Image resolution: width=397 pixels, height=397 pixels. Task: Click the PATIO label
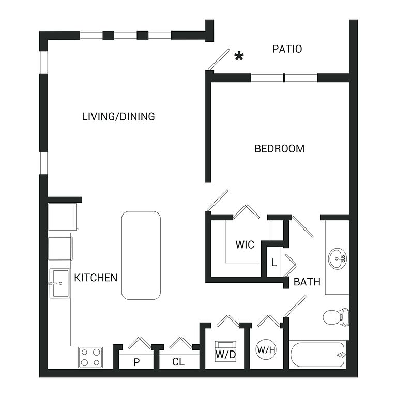click(x=287, y=49)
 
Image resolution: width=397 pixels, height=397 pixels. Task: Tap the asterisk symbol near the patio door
click(x=239, y=56)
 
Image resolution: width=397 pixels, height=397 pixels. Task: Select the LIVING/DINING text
click(x=118, y=116)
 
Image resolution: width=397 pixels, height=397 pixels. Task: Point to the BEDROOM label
click(x=280, y=149)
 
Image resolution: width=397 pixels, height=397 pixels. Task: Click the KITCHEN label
click(x=96, y=278)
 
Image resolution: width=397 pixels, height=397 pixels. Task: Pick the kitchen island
click(x=141, y=255)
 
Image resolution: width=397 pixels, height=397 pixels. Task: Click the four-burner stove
click(x=90, y=357)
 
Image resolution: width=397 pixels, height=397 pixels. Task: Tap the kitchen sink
click(x=60, y=283)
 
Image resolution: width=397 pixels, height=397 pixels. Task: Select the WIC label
click(x=245, y=245)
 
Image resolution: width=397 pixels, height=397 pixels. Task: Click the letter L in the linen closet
click(x=274, y=263)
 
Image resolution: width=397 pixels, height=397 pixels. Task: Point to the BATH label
click(x=307, y=282)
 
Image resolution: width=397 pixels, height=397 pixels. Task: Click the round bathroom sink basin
click(x=338, y=259)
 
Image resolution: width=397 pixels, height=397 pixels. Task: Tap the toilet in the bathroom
click(x=335, y=317)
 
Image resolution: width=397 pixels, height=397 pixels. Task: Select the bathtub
click(x=318, y=355)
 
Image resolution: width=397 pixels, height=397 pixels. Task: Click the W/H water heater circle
click(x=266, y=350)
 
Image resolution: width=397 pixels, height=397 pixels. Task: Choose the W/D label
click(x=225, y=355)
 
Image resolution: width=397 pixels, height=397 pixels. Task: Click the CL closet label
click(x=178, y=362)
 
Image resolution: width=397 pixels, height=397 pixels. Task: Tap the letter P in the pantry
click(x=136, y=362)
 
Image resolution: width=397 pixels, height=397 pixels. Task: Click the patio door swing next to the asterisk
click(x=219, y=59)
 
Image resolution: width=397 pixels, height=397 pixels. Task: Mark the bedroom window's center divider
click(x=284, y=78)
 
